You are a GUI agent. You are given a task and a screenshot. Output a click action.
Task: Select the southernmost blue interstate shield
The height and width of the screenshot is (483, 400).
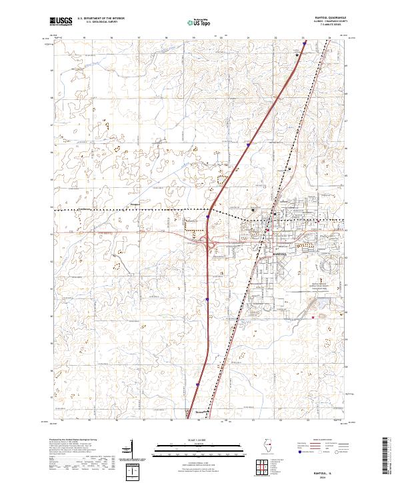tap(198, 384)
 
